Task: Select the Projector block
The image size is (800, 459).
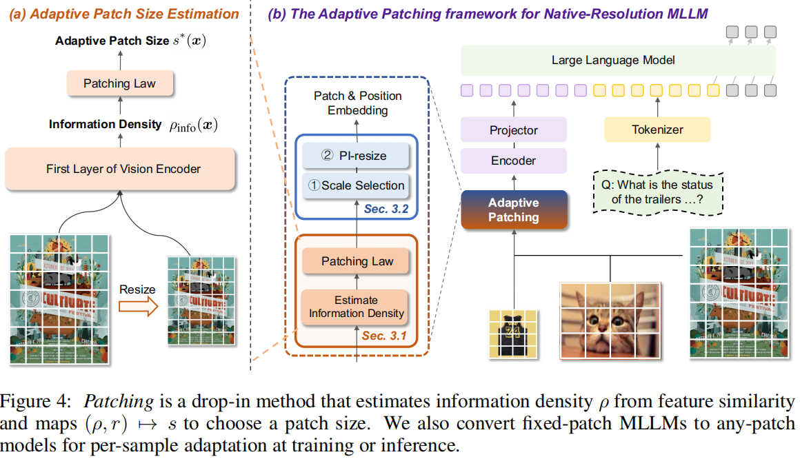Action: (514, 130)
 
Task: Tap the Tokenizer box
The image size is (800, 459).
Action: (657, 130)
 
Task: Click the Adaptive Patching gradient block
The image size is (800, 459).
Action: (514, 210)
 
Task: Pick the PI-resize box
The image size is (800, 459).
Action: (356, 156)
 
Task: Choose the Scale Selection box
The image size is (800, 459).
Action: (356, 185)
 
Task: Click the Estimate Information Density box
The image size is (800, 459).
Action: (356, 307)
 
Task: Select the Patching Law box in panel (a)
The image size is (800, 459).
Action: (120, 83)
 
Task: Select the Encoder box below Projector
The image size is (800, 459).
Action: (514, 160)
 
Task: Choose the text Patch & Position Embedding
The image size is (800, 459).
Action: (357, 103)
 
